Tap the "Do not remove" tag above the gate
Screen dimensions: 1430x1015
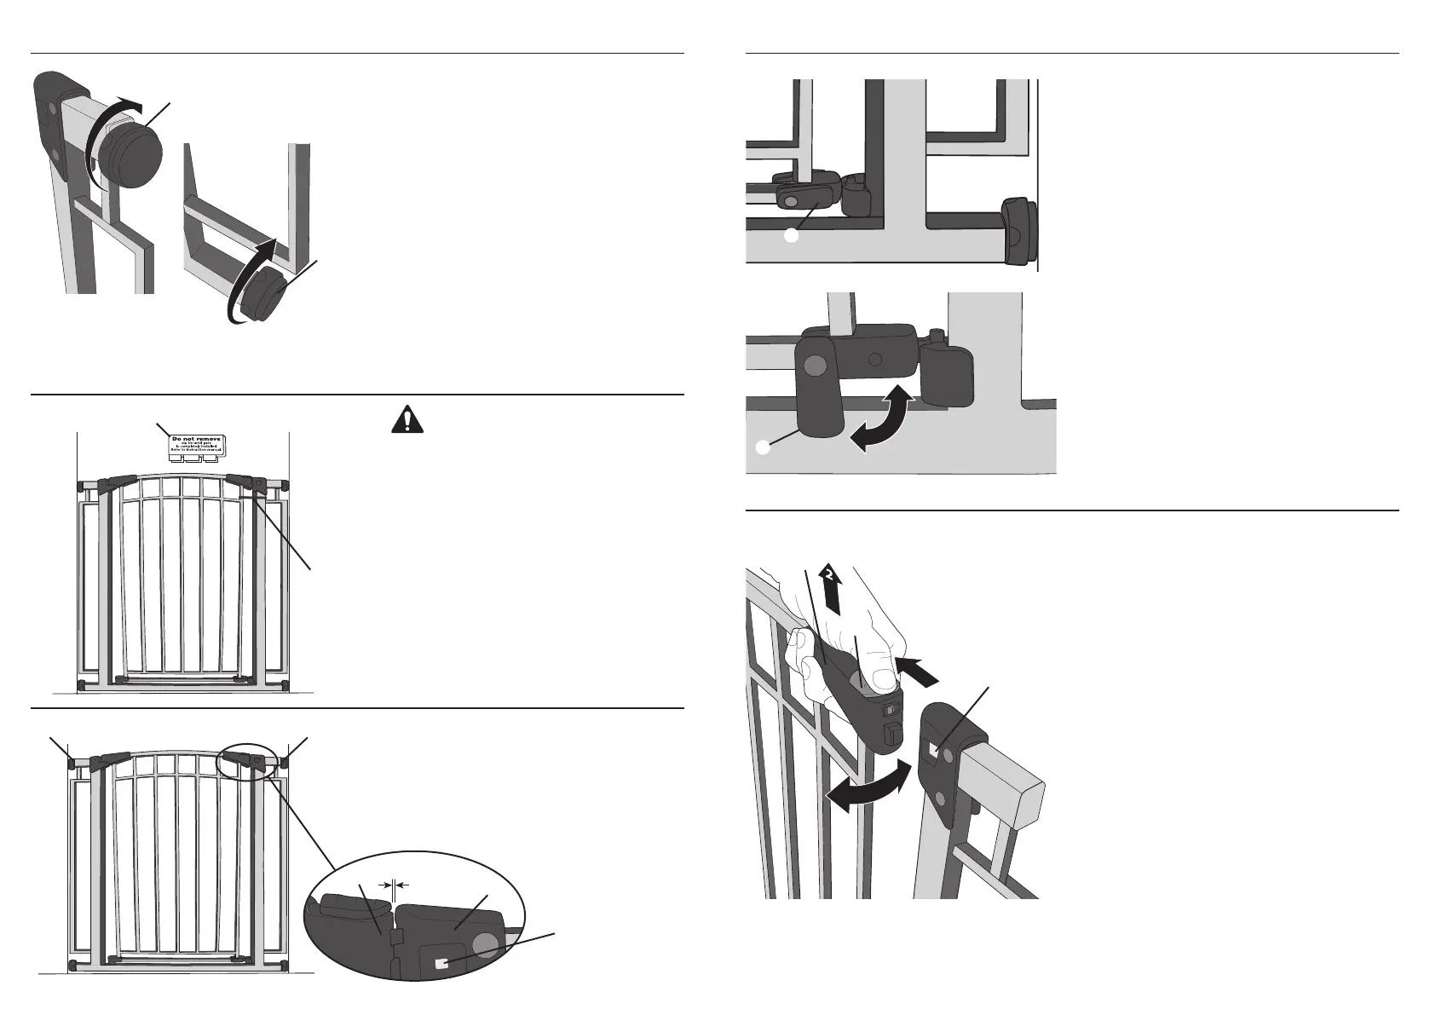click(x=195, y=445)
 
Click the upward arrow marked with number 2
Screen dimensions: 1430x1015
click(x=831, y=588)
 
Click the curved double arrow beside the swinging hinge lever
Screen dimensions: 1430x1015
click(x=886, y=417)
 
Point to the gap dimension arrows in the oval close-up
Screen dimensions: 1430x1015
click(x=393, y=886)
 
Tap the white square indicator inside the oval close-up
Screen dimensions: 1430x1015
click(x=441, y=964)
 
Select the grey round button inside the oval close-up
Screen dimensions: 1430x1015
click(x=486, y=944)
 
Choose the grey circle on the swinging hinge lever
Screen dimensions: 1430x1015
click(x=816, y=366)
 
